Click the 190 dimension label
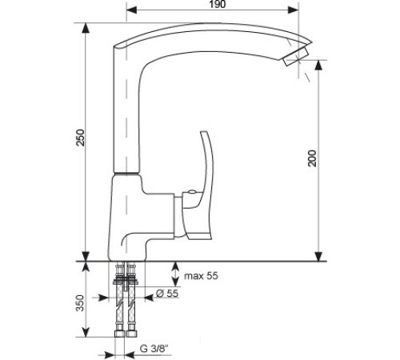[x=218, y=4]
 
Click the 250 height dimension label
[x=80, y=138]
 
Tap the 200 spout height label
[x=312, y=158]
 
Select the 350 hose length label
[x=80, y=303]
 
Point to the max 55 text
[x=201, y=276]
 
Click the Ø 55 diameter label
[x=167, y=294]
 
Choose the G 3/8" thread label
[x=154, y=348]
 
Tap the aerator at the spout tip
[x=296, y=57]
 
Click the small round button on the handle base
[x=192, y=191]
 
